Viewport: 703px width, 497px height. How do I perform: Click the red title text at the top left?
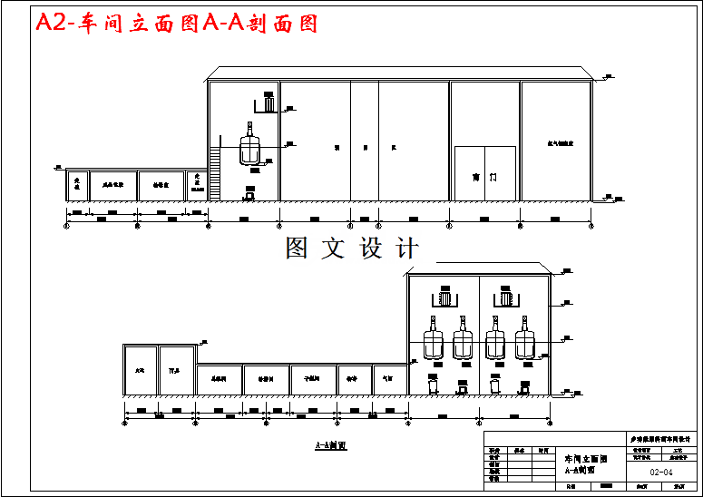[177, 24]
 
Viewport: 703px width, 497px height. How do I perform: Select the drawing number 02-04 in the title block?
[661, 473]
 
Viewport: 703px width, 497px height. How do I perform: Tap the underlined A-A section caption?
[331, 446]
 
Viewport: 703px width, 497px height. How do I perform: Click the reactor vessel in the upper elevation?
[250, 147]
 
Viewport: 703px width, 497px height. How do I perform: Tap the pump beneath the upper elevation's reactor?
[249, 192]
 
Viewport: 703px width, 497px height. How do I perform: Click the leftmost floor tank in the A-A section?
[433, 385]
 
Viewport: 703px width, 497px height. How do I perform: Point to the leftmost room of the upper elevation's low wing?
[77, 185]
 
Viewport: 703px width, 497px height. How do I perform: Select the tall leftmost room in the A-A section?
[140, 371]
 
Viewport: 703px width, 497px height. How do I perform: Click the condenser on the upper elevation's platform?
[267, 102]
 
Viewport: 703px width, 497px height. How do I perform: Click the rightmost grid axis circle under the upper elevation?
[592, 226]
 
